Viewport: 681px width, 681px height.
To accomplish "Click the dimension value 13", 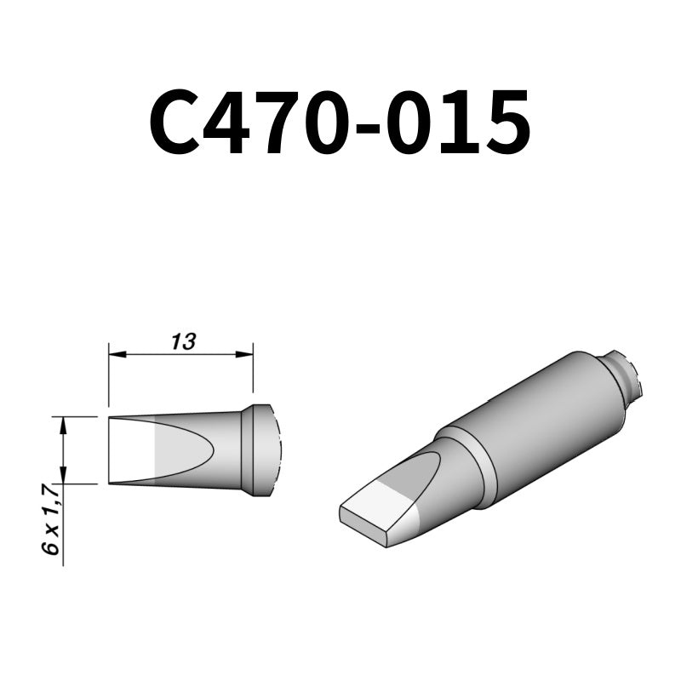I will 182,342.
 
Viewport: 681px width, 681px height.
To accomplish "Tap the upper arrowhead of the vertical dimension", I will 64,423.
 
